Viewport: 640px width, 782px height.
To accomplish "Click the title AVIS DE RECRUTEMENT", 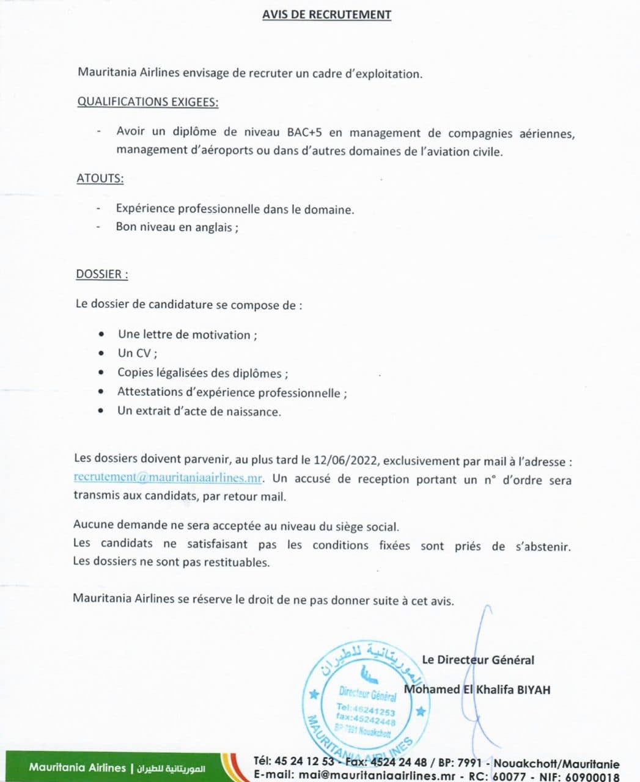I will click(326, 14).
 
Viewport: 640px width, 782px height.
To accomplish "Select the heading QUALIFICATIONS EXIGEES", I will click(147, 102).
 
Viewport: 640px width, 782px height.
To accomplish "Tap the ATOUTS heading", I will click(100, 178).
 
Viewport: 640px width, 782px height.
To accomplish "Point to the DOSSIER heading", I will click(101, 274).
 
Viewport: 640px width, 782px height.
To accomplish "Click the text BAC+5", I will click(304, 133).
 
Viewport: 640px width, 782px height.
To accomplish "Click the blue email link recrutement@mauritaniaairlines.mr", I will click(167, 478).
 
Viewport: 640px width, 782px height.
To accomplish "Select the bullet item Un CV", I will click(138, 353).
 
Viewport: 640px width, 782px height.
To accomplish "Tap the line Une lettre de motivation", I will click(187, 335).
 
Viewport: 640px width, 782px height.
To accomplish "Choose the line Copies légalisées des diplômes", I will click(202, 373).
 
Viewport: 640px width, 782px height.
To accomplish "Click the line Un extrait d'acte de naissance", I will click(199, 411).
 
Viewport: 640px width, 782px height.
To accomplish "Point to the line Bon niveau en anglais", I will click(177, 227).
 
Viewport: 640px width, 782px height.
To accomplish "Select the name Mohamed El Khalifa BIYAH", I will click(477, 690).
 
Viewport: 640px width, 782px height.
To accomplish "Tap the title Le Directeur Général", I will click(477, 660).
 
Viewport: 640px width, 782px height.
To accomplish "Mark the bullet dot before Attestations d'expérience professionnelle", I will click(101, 392).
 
